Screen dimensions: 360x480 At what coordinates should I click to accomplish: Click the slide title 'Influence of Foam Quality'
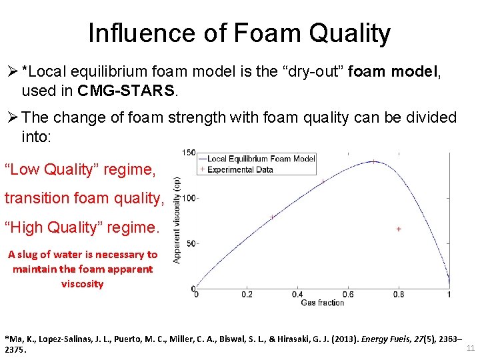pos(239,33)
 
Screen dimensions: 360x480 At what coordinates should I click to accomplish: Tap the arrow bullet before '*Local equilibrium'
pos(11,70)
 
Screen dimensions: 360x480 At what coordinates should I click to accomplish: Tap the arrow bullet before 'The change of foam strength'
pos(11,118)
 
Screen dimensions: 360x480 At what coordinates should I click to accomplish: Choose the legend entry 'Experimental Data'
pos(240,169)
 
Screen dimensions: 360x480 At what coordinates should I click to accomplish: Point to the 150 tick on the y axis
pos(189,153)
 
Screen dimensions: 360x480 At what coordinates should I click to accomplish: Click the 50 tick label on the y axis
pos(190,244)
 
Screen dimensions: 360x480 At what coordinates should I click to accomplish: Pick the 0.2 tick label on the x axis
pos(246,295)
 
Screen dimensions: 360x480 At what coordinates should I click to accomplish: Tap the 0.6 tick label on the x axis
pos(347,295)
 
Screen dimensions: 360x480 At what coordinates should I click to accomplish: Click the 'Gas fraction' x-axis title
pos(323,303)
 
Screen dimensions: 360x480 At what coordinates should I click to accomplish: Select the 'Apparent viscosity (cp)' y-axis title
pos(177,220)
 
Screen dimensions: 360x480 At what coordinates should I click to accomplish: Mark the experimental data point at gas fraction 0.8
pos(399,229)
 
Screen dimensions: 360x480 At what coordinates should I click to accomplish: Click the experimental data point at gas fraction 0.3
pos(272,217)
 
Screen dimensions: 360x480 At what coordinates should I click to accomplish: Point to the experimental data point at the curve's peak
pos(373,161)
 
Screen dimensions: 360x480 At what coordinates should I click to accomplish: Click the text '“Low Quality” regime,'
pos(80,169)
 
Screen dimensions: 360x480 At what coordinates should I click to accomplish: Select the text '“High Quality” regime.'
pos(82,227)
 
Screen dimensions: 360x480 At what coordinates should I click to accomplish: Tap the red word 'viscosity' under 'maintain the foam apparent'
pos(82,284)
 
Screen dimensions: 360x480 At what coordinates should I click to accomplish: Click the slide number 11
pos(470,349)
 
